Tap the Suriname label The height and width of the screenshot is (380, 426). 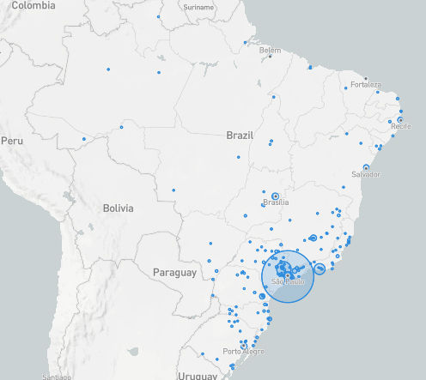[198, 7]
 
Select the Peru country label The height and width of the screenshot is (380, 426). [13, 139]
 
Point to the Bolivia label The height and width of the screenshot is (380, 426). [118, 208]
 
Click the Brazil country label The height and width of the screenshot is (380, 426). [240, 136]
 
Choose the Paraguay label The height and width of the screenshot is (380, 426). [173, 272]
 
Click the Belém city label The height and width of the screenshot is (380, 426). [270, 51]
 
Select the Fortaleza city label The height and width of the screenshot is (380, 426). [365, 85]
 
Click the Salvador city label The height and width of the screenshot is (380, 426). [366, 174]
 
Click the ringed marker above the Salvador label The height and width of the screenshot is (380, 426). [366, 166]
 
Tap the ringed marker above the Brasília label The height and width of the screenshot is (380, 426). [275, 196]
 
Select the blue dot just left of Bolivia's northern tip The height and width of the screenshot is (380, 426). [83, 139]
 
